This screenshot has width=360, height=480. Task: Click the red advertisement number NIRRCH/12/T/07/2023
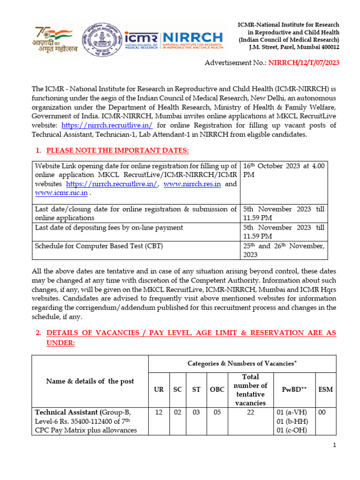(x=304, y=62)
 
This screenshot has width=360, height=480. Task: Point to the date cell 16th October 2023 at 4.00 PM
(x=284, y=171)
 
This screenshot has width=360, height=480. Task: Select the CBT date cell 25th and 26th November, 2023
(x=284, y=250)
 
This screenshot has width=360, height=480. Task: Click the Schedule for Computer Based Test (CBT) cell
(x=99, y=246)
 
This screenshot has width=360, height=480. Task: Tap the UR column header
(x=159, y=390)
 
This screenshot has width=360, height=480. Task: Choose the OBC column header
(x=217, y=390)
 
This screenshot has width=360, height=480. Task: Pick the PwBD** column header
(x=294, y=390)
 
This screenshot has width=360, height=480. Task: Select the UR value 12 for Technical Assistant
(x=159, y=412)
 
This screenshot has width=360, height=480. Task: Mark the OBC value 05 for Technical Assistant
(x=217, y=412)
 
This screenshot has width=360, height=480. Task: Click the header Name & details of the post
(x=90, y=381)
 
